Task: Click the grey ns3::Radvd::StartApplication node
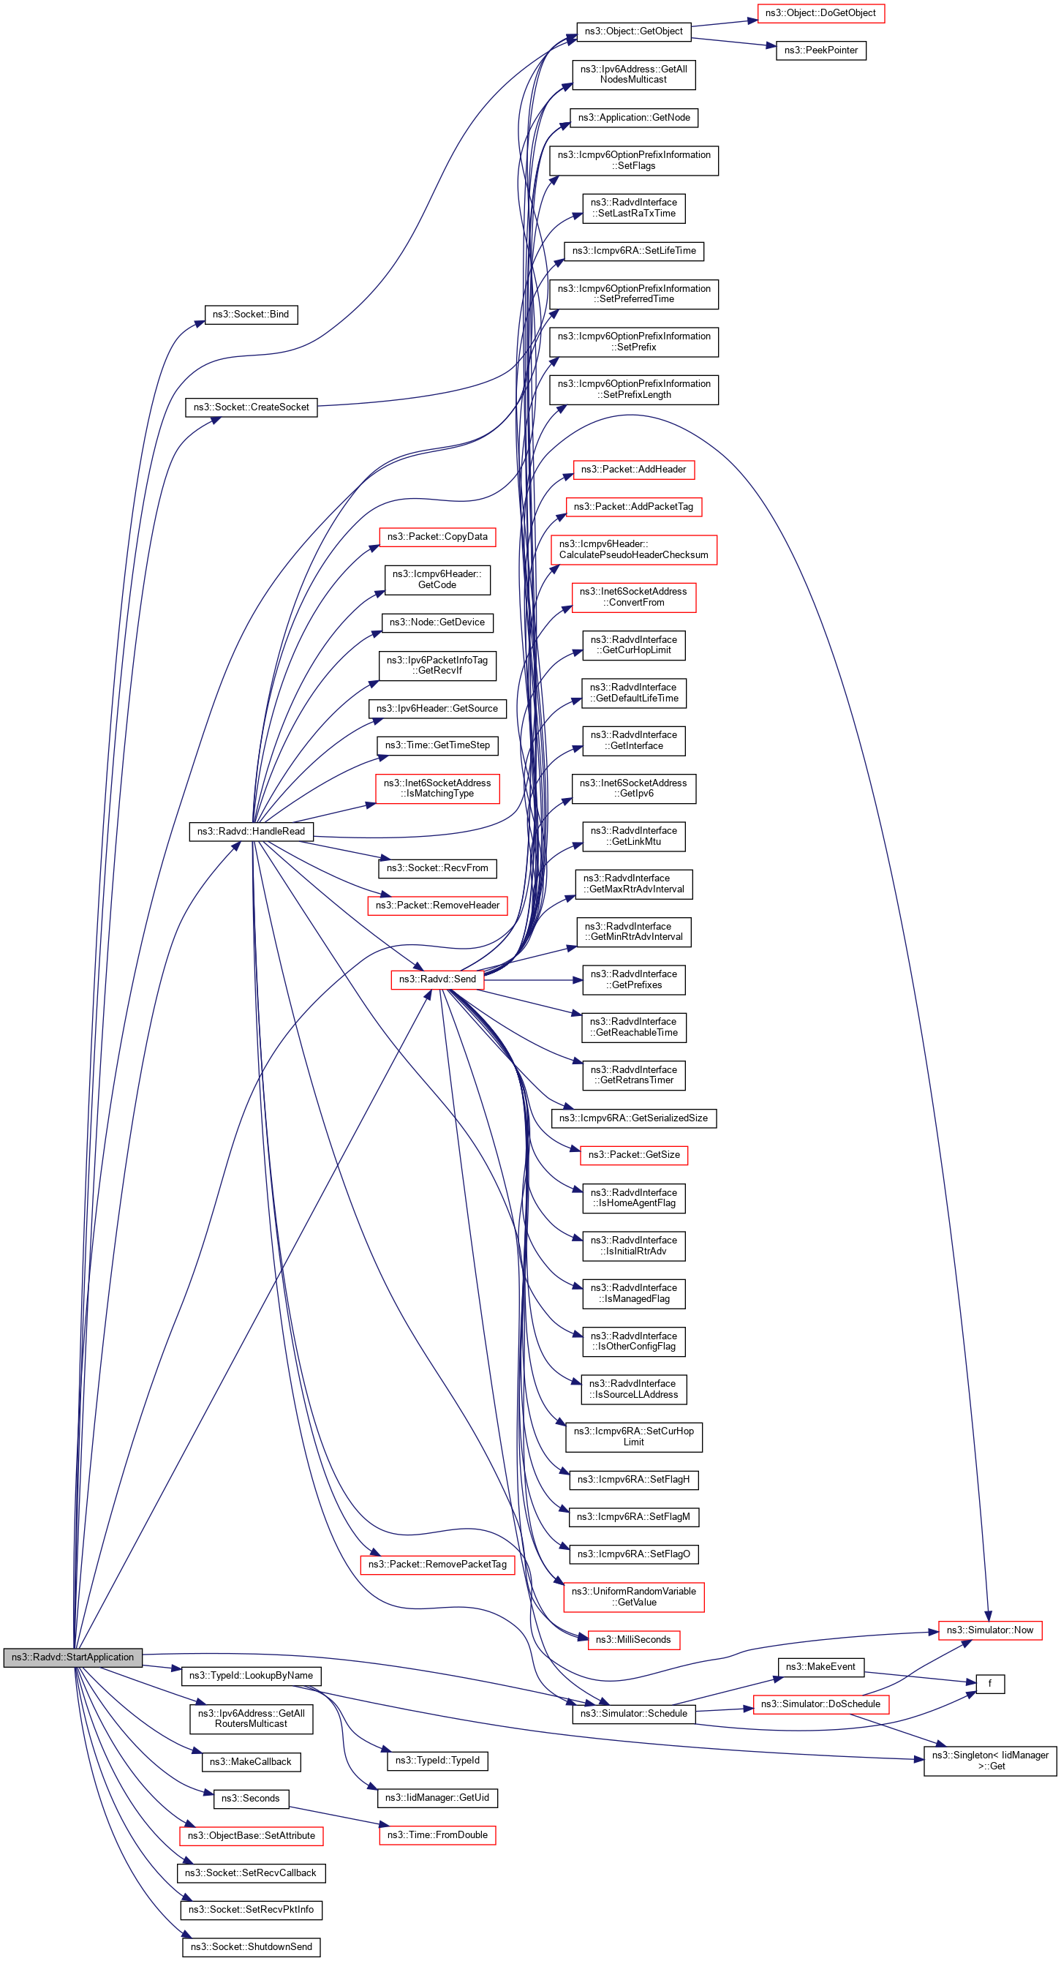click(72, 1657)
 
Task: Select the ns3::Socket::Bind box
click(250, 315)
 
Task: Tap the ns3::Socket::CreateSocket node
click(251, 407)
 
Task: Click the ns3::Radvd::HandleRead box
click(251, 832)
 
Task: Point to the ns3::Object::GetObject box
click(633, 31)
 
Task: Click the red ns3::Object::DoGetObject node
click(820, 13)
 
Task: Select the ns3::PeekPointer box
click(820, 50)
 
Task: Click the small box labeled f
click(989, 1684)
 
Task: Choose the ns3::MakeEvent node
click(820, 1666)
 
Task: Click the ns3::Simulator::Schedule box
click(633, 1713)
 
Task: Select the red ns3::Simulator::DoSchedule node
click(820, 1704)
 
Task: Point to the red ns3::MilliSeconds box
click(633, 1639)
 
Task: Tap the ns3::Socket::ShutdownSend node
click(251, 1946)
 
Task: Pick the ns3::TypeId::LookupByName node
click(251, 1676)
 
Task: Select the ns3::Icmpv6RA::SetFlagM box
click(633, 1516)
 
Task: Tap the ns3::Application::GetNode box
click(633, 117)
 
